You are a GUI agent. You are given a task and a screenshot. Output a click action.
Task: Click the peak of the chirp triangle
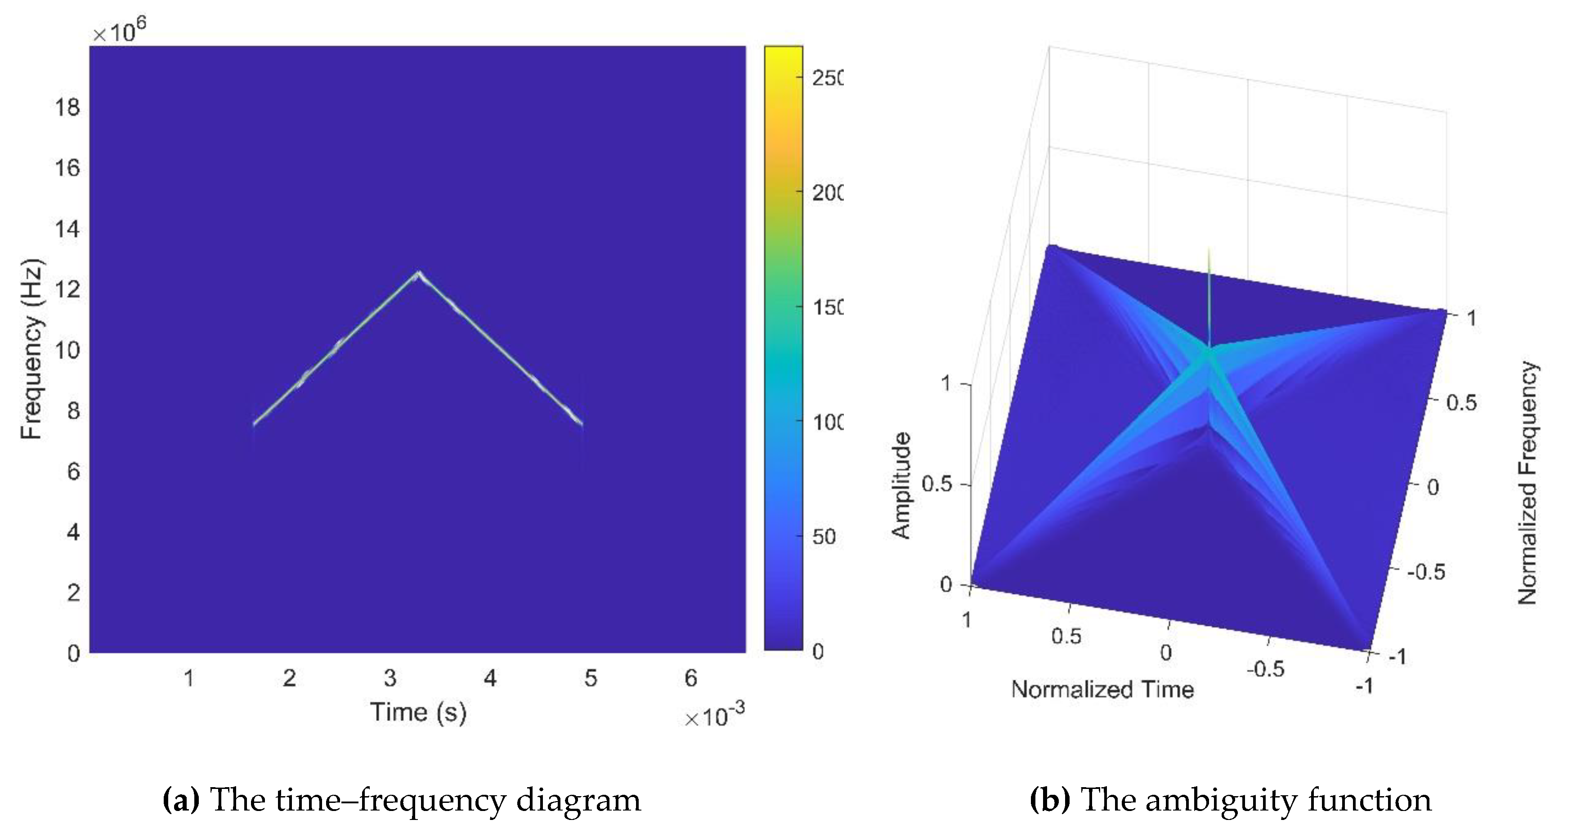pos(418,273)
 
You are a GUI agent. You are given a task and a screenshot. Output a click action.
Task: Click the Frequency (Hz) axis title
pos(31,349)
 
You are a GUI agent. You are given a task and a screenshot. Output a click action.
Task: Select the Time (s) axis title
pos(418,712)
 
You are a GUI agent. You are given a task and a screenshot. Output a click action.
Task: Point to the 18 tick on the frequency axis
pos(67,108)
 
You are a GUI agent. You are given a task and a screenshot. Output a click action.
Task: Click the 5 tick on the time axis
pos(590,678)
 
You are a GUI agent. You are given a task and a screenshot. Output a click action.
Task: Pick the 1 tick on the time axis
pos(189,678)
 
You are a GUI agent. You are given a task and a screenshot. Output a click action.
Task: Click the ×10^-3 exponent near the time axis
pos(714,716)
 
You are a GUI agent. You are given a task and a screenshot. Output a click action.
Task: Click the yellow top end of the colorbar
pos(783,53)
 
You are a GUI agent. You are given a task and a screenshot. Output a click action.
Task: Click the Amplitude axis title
pos(902,486)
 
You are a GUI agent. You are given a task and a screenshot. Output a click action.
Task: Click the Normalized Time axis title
pos(1102,689)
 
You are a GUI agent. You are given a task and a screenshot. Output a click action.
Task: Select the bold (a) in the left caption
pos(180,800)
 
